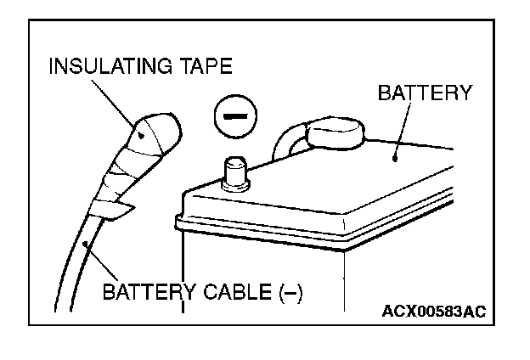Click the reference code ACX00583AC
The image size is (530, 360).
pyautogui.click(x=432, y=312)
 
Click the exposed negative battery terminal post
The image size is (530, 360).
pyautogui.click(x=234, y=172)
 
